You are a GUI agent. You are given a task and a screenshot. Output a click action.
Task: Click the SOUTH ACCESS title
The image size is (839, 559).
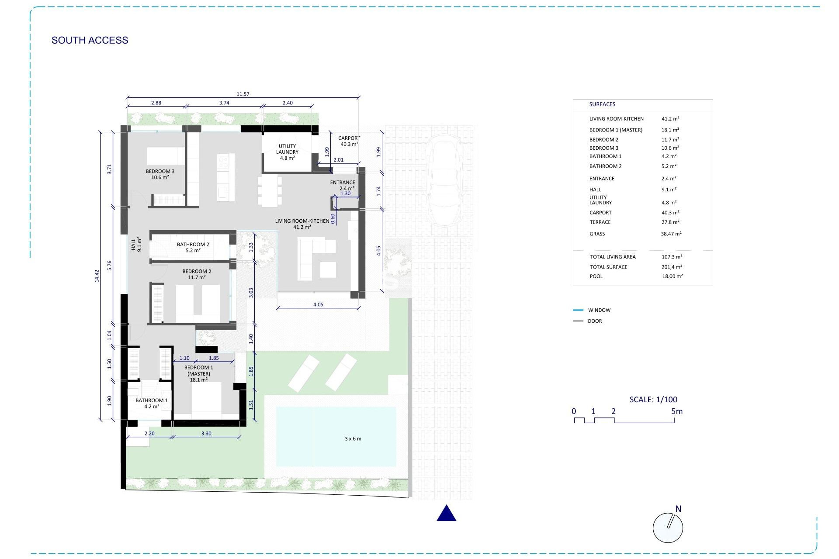[x=90, y=40]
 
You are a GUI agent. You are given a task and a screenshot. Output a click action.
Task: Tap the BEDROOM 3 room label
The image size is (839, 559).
[x=160, y=174]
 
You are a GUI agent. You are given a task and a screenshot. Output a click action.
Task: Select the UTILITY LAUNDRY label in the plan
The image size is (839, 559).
[x=287, y=152]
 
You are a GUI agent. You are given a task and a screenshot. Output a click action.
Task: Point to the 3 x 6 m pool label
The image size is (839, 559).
[x=353, y=438]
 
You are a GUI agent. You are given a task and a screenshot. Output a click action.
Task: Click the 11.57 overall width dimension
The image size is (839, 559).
[x=243, y=94]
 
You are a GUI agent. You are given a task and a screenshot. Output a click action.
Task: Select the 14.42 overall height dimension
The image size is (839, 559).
[x=97, y=276]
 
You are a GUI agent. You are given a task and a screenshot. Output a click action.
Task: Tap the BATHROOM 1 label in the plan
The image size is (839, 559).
[x=151, y=403]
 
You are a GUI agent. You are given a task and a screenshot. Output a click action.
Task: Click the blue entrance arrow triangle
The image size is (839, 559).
[x=446, y=514]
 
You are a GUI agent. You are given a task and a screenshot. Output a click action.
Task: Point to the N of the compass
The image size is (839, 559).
[x=678, y=509]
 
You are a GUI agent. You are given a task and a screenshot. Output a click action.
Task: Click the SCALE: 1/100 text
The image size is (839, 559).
[x=653, y=399]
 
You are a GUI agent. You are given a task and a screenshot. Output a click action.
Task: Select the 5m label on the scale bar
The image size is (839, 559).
[x=676, y=411]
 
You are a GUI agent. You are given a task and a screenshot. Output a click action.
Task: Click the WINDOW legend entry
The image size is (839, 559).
[x=599, y=310]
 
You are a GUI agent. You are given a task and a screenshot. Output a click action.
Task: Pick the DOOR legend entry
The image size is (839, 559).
[x=594, y=321]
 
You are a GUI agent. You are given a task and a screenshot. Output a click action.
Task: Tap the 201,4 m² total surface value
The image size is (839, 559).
[x=672, y=267]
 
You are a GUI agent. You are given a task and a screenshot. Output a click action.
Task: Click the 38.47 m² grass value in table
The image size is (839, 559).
[x=671, y=234]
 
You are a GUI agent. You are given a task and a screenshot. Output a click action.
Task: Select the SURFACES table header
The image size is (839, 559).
[x=602, y=104]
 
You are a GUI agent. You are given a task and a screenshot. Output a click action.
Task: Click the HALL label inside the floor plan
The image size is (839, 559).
[x=136, y=244]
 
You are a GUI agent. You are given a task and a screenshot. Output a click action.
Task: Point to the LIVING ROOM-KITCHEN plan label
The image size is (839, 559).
[x=302, y=224]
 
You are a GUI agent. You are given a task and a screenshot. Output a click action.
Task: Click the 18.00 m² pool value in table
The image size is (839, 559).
[x=672, y=276]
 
